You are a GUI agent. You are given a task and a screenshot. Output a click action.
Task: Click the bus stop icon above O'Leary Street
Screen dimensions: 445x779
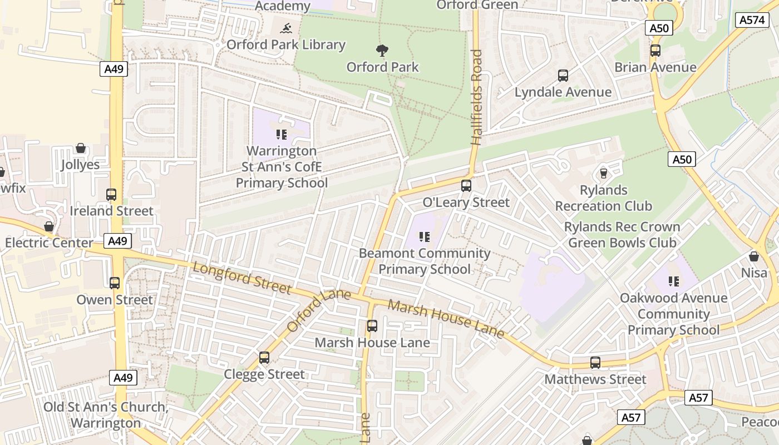466,185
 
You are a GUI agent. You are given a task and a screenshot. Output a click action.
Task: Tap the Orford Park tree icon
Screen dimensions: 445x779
382,51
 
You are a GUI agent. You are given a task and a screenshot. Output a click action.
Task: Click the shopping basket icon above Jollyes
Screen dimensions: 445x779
81,148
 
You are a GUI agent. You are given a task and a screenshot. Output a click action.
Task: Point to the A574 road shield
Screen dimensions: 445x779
751,20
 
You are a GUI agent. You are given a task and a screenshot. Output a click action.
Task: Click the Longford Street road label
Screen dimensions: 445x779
241,278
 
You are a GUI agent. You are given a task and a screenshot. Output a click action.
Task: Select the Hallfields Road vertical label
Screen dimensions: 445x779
477,97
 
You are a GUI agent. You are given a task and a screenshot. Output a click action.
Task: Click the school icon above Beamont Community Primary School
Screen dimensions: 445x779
425,237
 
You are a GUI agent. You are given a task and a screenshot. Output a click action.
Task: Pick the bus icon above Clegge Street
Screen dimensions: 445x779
264,357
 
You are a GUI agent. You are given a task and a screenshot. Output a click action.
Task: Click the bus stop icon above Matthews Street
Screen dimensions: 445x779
595,363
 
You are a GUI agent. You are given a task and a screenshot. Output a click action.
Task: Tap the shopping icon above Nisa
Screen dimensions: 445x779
754,256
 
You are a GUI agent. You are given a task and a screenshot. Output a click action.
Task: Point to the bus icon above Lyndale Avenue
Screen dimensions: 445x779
563,75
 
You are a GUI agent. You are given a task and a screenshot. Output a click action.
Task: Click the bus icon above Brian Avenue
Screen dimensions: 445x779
655,51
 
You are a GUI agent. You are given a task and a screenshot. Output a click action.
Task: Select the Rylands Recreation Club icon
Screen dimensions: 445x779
603,174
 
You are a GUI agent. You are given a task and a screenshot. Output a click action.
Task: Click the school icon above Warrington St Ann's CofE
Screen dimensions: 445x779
281,134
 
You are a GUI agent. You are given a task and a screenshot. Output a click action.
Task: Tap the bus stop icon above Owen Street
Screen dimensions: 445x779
115,283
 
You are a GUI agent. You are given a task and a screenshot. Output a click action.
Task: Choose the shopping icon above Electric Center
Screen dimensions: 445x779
49,226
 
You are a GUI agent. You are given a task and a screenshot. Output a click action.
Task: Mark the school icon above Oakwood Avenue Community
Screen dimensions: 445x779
674,281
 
